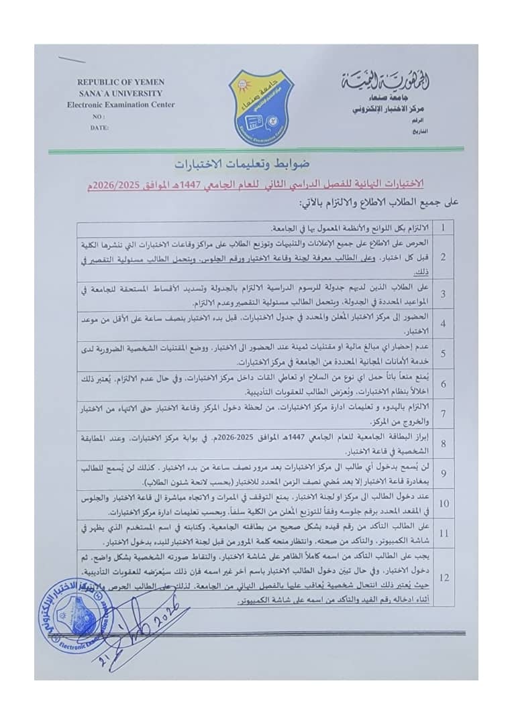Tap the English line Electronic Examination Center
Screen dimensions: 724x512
121,104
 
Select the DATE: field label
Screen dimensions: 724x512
99,126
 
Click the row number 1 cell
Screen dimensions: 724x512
443,227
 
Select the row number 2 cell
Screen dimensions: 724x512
443,257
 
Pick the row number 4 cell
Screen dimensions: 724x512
443,324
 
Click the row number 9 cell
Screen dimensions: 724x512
443,473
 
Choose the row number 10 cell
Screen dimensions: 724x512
443,503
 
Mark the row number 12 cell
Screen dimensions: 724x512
443,577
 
